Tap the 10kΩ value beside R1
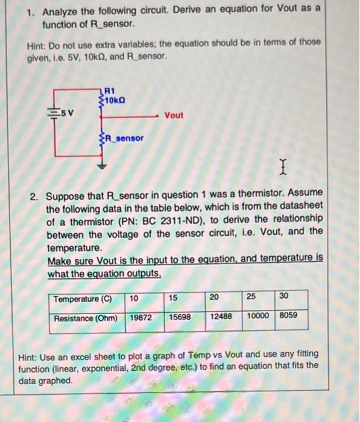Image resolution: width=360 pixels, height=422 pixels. click(116, 99)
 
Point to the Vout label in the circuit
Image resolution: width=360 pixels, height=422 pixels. click(174, 115)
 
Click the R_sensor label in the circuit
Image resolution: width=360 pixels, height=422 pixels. click(125, 138)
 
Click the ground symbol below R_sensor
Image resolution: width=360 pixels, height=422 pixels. click(101, 162)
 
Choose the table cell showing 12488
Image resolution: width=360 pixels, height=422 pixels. click(221, 316)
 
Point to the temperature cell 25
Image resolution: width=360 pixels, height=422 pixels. click(251, 298)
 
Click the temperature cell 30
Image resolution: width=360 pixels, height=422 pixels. click(285, 297)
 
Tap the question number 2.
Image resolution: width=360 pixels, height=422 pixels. click(36, 196)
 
